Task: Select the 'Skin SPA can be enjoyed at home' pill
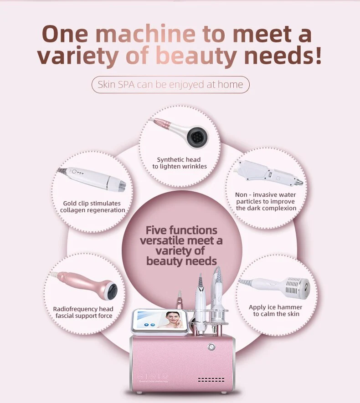[x=170, y=85]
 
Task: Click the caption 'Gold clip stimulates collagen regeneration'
[x=93, y=206]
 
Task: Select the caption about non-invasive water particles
[x=266, y=201]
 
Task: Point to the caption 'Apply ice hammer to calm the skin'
[x=275, y=311]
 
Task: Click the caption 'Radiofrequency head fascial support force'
[x=83, y=312]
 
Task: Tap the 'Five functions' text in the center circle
[x=181, y=230]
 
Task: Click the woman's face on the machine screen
[x=172, y=319]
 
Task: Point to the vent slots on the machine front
[x=211, y=379]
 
